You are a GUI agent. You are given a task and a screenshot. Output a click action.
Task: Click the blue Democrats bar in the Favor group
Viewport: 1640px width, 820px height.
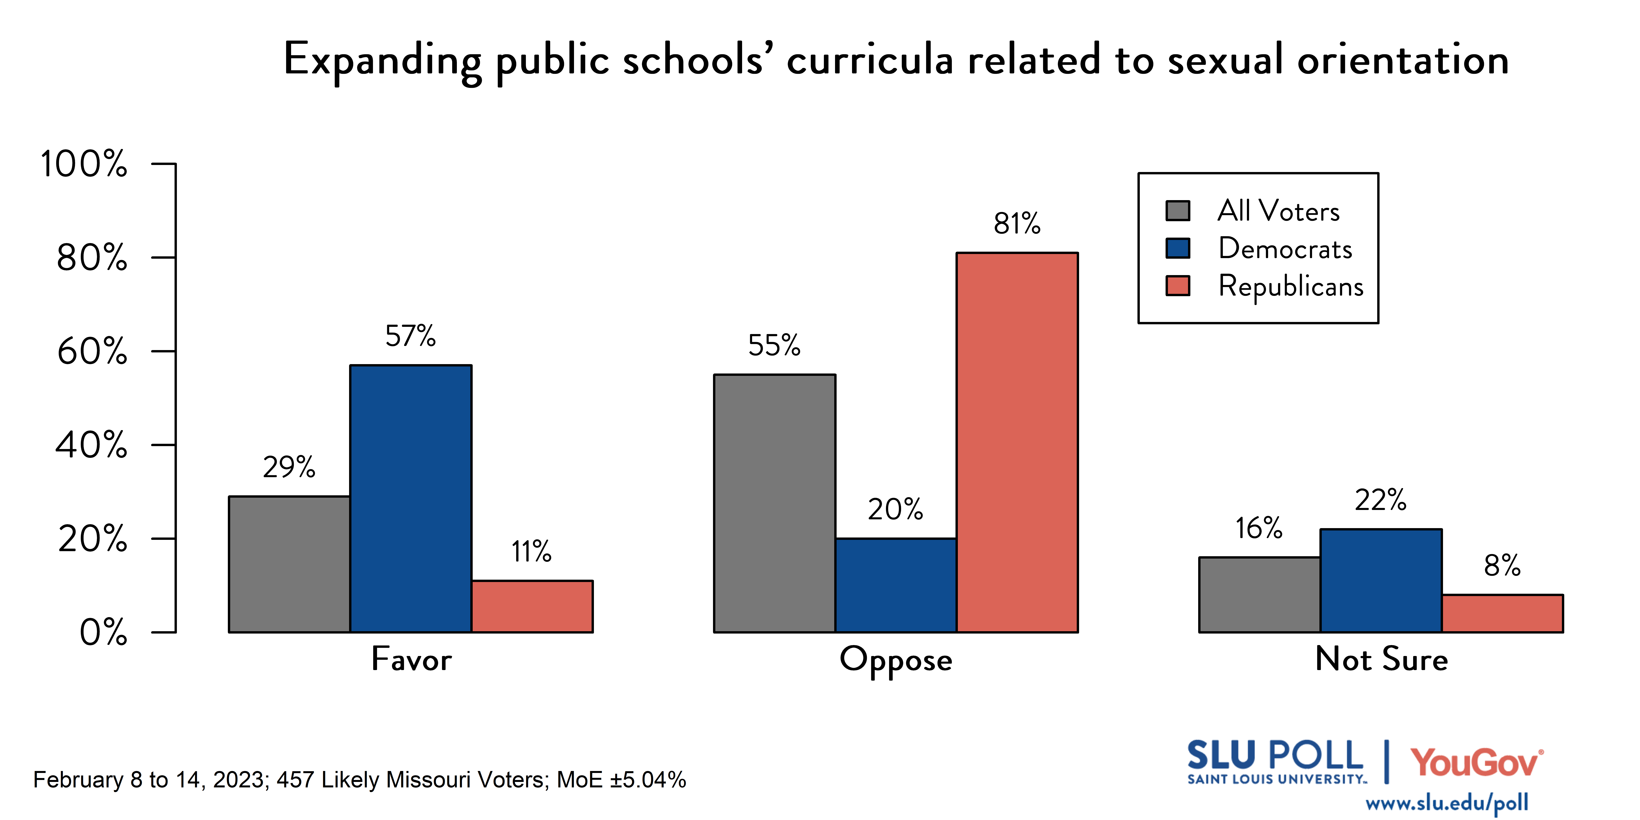point(411,498)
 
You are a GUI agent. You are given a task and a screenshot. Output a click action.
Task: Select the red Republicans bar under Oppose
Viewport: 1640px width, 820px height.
point(1017,442)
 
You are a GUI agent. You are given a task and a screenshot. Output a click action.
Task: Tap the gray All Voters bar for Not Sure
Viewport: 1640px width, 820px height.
point(1259,595)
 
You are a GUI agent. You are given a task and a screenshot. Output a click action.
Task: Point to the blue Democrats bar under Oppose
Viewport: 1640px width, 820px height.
point(896,585)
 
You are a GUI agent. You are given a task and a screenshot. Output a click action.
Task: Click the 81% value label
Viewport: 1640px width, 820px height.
point(1017,224)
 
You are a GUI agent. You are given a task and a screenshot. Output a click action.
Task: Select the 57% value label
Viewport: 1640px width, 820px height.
point(411,336)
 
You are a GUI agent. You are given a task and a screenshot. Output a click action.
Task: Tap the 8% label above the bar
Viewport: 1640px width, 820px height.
point(1502,565)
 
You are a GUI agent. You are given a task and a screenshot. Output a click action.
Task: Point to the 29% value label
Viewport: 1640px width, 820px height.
point(289,467)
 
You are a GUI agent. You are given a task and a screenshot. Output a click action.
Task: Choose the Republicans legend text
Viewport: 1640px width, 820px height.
point(1291,286)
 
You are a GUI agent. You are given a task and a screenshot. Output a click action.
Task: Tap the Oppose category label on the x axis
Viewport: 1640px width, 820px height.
point(896,660)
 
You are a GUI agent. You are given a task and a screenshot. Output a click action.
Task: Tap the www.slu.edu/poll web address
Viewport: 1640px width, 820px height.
point(1447,803)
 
